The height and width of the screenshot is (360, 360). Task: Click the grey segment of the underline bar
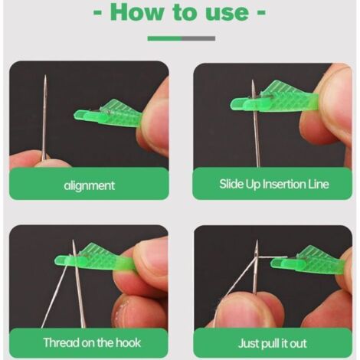tap(198, 38)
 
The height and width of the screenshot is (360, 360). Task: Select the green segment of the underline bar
tap(165, 38)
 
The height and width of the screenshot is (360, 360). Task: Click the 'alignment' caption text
tap(89, 185)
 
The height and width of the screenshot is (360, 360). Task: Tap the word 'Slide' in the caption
tap(231, 184)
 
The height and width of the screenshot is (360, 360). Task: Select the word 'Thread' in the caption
tap(61, 342)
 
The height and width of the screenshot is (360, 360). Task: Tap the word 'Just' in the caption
tap(247, 343)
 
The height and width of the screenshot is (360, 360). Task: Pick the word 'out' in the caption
tap(298, 344)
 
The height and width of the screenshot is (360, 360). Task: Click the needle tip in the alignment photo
tap(45, 76)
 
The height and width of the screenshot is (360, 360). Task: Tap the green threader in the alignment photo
tap(108, 114)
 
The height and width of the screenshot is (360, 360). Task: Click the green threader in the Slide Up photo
tap(274, 98)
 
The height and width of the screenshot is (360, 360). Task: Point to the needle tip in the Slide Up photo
tap(253, 80)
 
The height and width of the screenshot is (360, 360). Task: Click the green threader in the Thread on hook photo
tap(94, 258)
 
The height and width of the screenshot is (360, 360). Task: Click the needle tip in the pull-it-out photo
tap(257, 241)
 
